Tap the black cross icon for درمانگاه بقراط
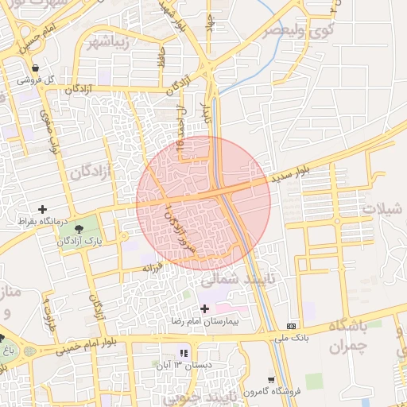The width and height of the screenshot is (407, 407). pos(42,209)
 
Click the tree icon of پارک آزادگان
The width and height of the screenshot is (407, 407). pos(78,229)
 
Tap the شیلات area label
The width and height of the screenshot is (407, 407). pos(381,208)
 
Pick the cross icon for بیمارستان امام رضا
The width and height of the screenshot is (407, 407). pos(204,308)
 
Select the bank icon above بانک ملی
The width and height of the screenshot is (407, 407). pos(292,325)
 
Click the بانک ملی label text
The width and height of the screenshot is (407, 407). pos(292,337)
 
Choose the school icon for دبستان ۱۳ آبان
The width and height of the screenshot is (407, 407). pos(184,352)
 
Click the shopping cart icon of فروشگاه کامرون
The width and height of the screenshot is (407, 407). pos(271,380)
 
